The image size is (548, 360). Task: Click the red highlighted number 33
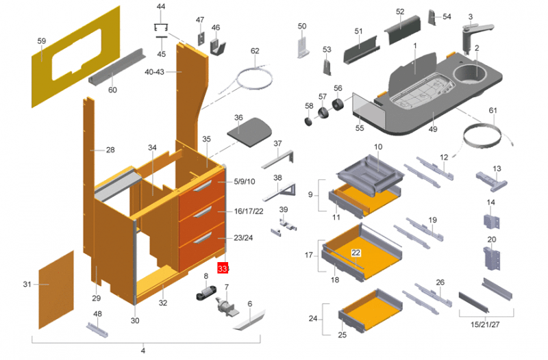223,268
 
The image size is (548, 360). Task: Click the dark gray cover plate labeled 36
247,130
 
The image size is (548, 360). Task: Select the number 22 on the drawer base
356,253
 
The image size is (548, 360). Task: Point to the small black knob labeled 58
308,122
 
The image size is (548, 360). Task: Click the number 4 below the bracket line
143,351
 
